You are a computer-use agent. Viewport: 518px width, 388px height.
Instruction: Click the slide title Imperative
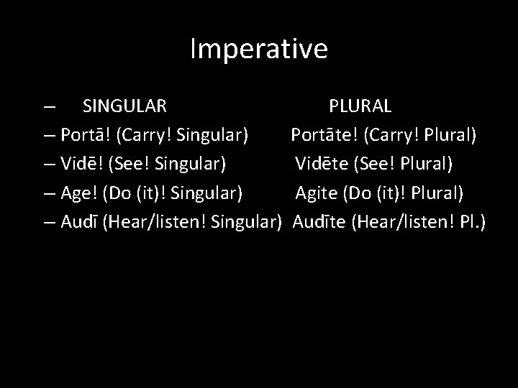point(259,49)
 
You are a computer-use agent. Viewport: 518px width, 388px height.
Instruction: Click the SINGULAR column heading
point(125,106)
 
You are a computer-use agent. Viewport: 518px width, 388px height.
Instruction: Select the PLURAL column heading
point(360,106)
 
